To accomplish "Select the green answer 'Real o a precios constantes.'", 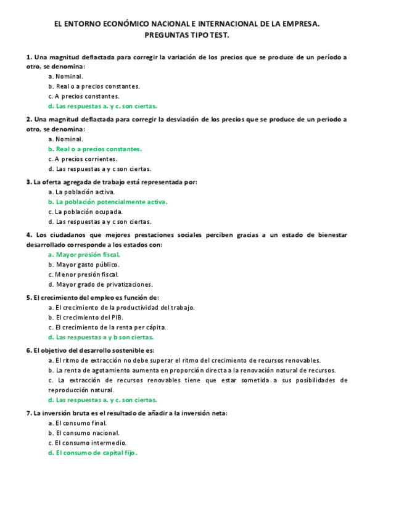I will coord(95,149).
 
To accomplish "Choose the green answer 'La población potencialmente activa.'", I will coord(108,202).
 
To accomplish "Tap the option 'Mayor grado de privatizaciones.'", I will coord(101,284).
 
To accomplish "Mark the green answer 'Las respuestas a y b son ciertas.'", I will coord(101,337).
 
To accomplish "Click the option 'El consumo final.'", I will coord(77,423).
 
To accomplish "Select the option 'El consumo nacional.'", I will coord(81,433).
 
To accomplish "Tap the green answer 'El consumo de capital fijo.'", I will coord(93,453).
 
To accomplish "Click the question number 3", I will coord(28,182).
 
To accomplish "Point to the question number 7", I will coord(28,413).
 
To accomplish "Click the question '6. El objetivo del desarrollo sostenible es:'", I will coord(90,350).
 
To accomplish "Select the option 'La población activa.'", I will coord(81,192).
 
